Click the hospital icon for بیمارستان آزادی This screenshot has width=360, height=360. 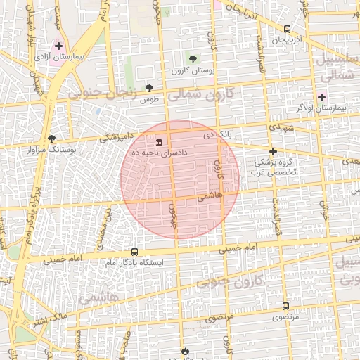pos(58,46)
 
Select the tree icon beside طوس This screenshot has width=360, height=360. pos(149,88)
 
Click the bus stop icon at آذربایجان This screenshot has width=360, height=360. pos(287,29)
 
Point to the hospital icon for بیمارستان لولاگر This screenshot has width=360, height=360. pos(322,97)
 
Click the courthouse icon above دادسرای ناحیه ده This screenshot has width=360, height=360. pos(159,141)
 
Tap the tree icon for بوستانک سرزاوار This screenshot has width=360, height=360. pos(51,139)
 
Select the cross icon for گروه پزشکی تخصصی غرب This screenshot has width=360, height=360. pos(274,151)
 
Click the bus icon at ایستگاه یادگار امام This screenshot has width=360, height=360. pos(134,252)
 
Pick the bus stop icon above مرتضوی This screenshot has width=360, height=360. pos(285,306)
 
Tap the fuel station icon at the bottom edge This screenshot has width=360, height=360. pos(185,350)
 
